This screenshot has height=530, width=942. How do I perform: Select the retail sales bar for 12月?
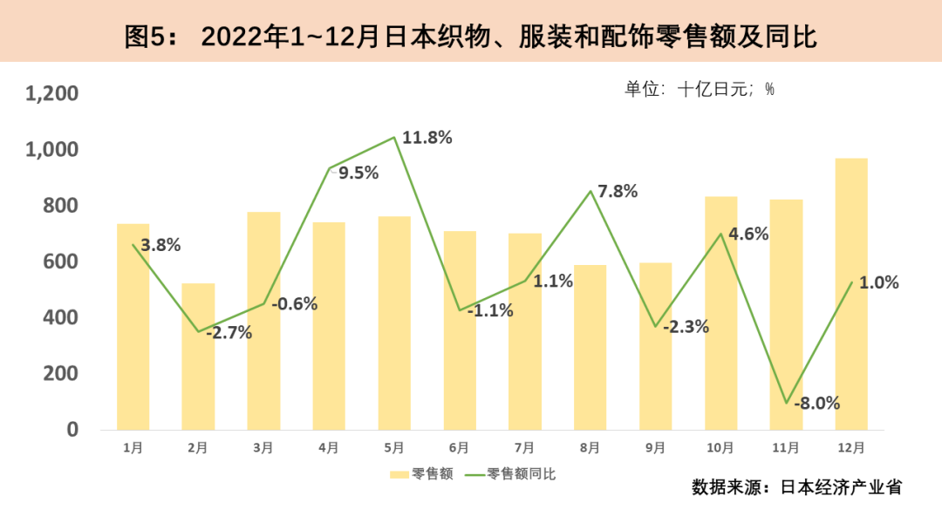pyautogui.click(x=851, y=294)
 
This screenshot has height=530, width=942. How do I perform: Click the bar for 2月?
pyautogui.click(x=198, y=356)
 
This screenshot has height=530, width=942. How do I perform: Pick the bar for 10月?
pyautogui.click(x=721, y=313)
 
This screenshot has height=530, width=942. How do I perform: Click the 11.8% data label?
pyautogui.click(x=427, y=137)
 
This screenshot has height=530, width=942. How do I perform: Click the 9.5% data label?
pyautogui.click(x=358, y=173)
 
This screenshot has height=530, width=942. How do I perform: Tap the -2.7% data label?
pyautogui.click(x=229, y=332)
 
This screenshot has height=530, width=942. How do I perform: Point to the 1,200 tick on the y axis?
pyautogui.click(x=52, y=93)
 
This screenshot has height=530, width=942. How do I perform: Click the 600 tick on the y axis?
pyautogui.click(x=62, y=262)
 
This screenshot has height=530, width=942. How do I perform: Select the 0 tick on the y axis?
pyautogui.click(x=73, y=430)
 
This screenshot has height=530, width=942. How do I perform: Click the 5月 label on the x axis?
pyautogui.click(x=393, y=448)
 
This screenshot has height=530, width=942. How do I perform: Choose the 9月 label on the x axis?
pyautogui.click(x=655, y=448)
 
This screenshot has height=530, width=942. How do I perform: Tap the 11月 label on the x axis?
pyautogui.click(x=785, y=448)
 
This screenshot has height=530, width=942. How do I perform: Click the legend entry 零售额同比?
pyautogui.click(x=521, y=474)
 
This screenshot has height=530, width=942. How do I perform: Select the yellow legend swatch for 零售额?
pyautogui.click(x=399, y=474)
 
